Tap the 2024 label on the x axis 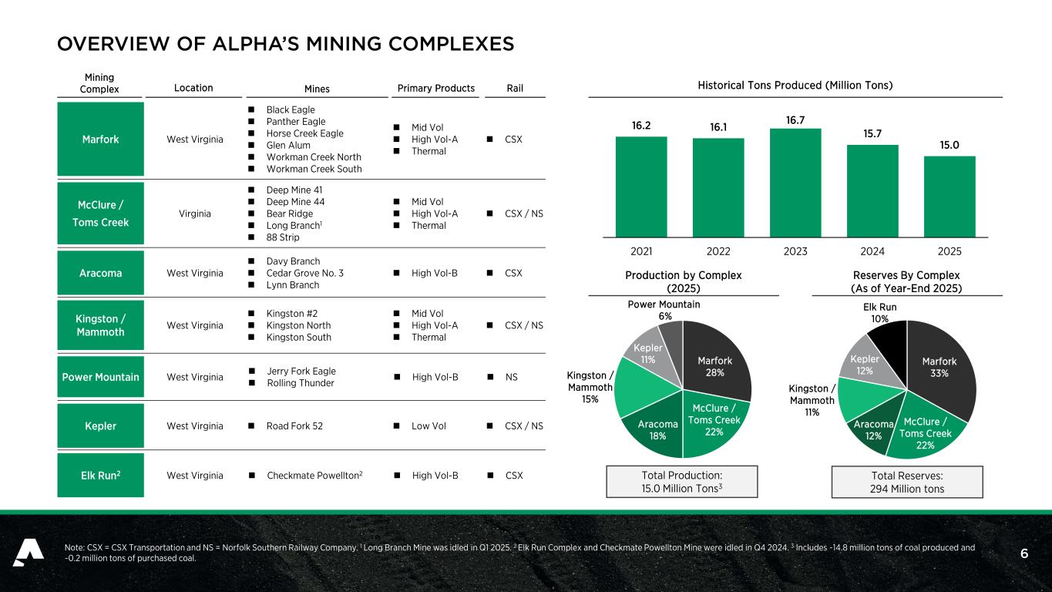point(872,251)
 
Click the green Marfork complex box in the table point(100,140)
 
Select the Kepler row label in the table point(100,426)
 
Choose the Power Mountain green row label point(100,377)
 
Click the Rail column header point(514,89)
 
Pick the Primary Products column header point(435,88)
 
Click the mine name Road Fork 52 point(294,426)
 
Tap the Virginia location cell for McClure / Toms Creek point(195,214)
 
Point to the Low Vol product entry point(429,426)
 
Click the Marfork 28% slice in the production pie point(717,362)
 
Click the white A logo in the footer point(28,553)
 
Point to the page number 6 point(1023,553)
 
